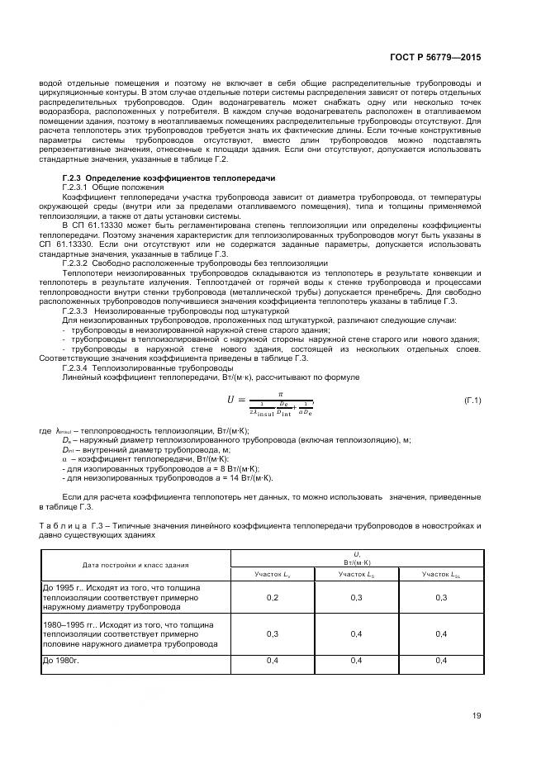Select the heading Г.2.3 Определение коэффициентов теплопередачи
tap(169, 178)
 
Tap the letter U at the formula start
tap(231, 400)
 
